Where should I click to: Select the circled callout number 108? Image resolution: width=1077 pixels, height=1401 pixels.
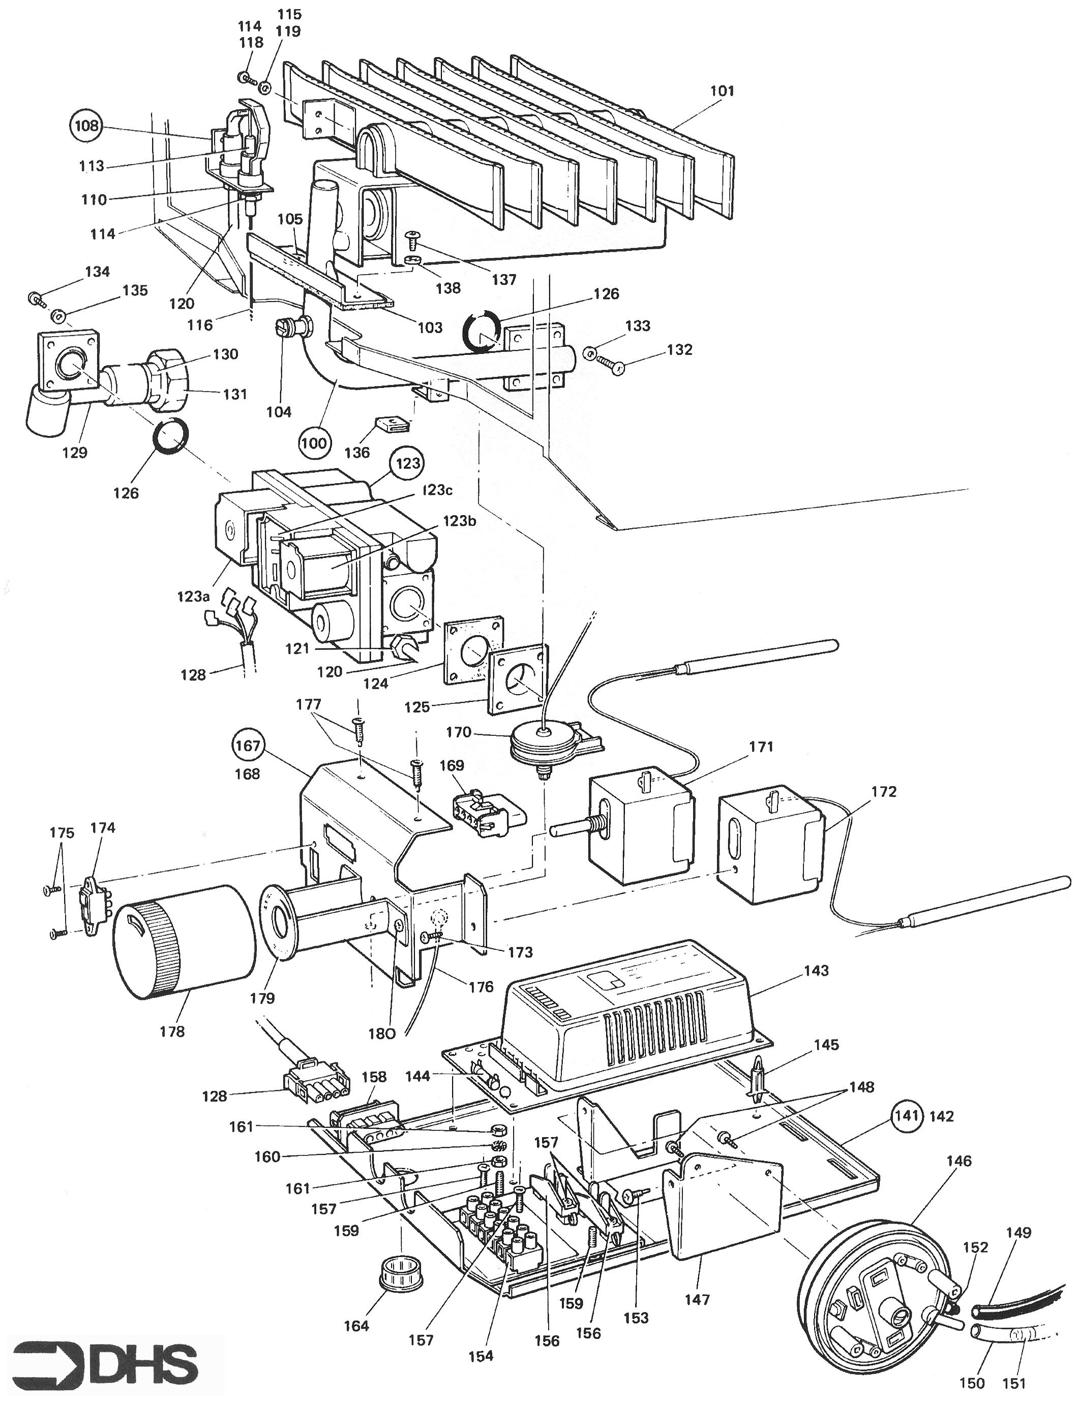pos(86,125)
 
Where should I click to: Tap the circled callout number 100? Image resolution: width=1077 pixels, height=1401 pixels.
pos(313,442)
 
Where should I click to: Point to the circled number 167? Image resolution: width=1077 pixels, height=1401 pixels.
pos(248,746)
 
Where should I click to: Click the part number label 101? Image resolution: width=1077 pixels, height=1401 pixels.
pos(723,91)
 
